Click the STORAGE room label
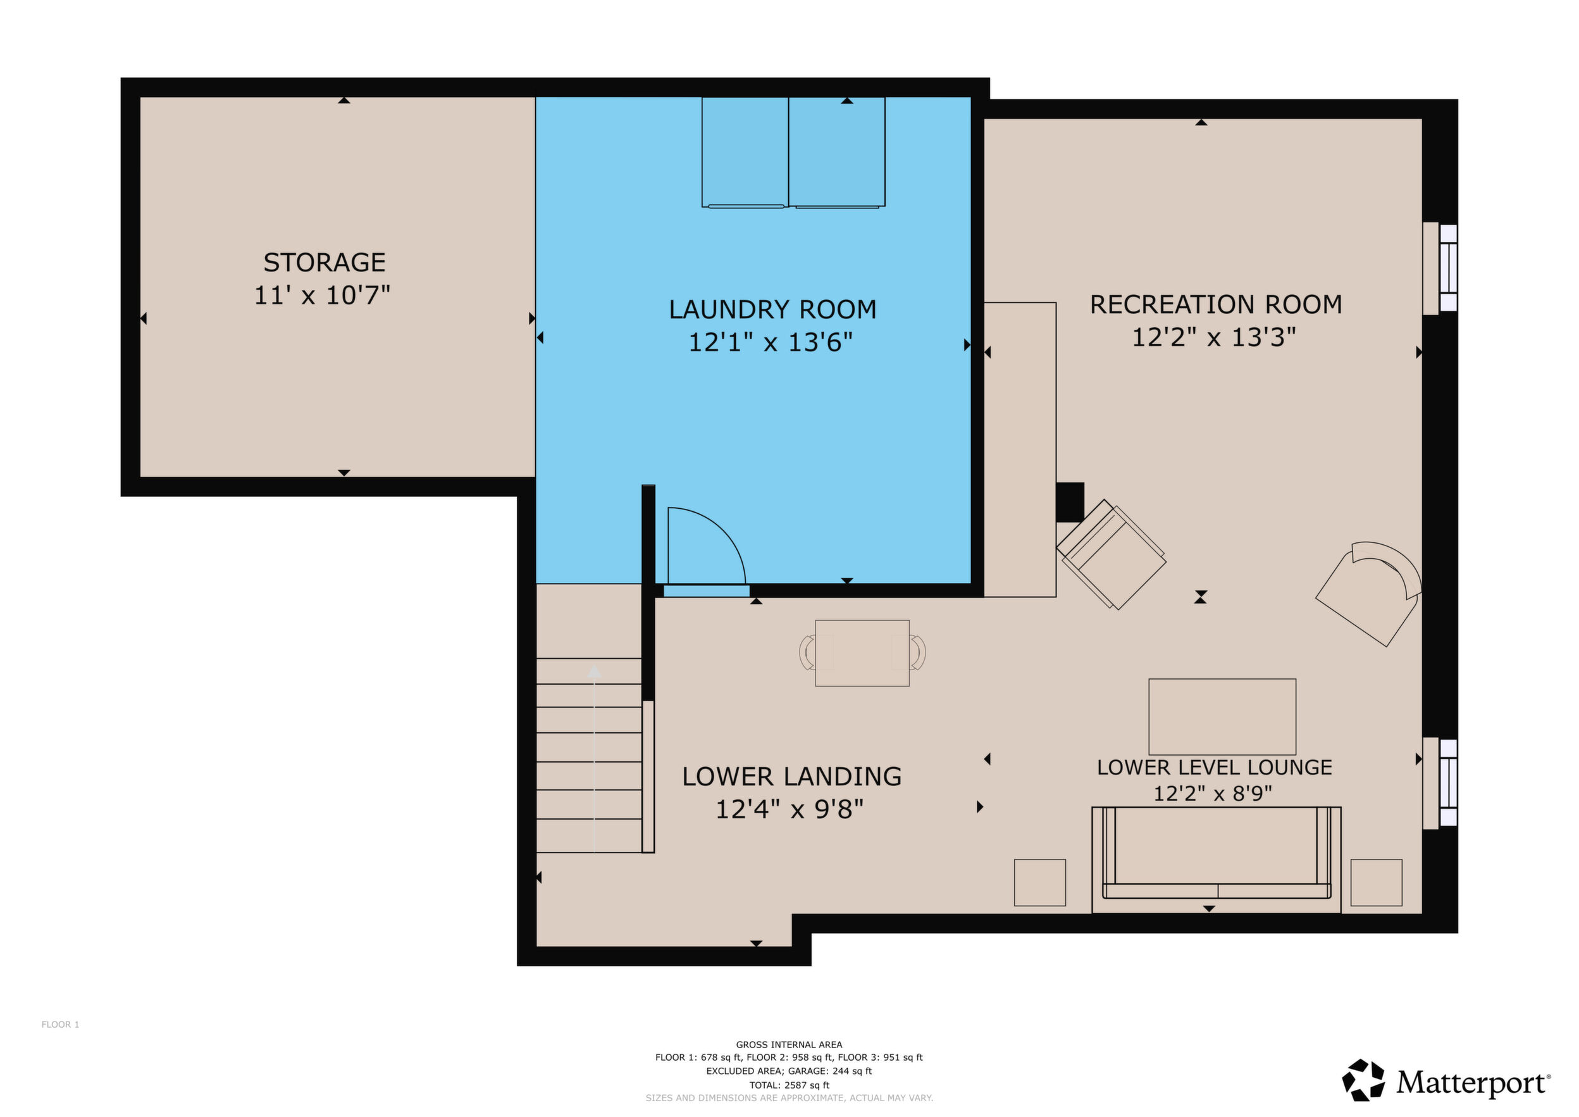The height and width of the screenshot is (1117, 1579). click(x=325, y=262)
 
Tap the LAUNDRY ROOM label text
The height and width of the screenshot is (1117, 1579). click(x=772, y=309)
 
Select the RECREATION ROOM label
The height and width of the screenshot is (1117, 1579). click(x=1216, y=304)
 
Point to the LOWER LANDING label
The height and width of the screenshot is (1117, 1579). click(x=791, y=777)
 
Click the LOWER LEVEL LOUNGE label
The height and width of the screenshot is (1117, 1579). click(x=1215, y=768)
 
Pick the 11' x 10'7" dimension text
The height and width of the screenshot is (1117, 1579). click(x=322, y=295)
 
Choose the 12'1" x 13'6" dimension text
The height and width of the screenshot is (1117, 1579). click(x=771, y=342)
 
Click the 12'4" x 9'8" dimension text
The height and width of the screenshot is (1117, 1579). click(x=789, y=809)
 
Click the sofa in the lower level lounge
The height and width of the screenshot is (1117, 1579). click(x=1216, y=860)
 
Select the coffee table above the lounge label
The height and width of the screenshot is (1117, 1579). click(x=1222, y=716)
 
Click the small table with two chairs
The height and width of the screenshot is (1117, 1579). click(x=862, y=652)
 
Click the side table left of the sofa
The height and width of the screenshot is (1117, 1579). click(x=1040, y=882)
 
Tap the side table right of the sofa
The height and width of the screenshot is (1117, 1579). click(x=1376, y=882)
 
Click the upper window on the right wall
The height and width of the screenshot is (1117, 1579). click(x=1439, y=268)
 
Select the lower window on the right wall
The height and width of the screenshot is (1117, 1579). click(x=1439, y=783)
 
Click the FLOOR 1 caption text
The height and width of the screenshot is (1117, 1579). click(x=61, y=1024)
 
